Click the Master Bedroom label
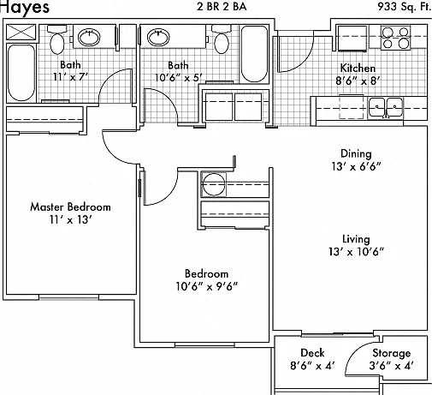pos(70,206)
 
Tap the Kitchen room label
pos(358,69)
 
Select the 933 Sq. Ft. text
pos(405,6)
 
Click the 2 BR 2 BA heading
pos(222,6)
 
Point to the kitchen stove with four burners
pos(395,38)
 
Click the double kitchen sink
pos(386,108)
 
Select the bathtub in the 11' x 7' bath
pos(21,73)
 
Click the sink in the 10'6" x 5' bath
pos(158,37)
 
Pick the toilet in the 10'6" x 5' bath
pos(222,39)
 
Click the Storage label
pos(392,353)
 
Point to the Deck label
pos(312,353)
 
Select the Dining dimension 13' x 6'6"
pos(356,166)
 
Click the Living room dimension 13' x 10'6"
pos(356,252)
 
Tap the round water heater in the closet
pos(213,184)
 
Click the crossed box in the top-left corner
pos(21,32)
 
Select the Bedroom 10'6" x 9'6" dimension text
pos(206,286)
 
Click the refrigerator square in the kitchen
pos(352,38)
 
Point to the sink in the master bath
pos(89,37)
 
